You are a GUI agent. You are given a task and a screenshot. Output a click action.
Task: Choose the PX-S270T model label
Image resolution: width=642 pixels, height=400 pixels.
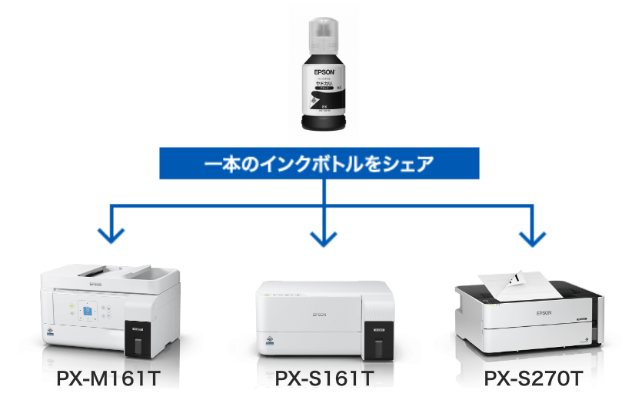[x=534, y=380]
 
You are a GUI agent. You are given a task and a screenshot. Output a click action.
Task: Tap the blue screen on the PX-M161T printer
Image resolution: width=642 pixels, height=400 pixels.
[x=87, y=311]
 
